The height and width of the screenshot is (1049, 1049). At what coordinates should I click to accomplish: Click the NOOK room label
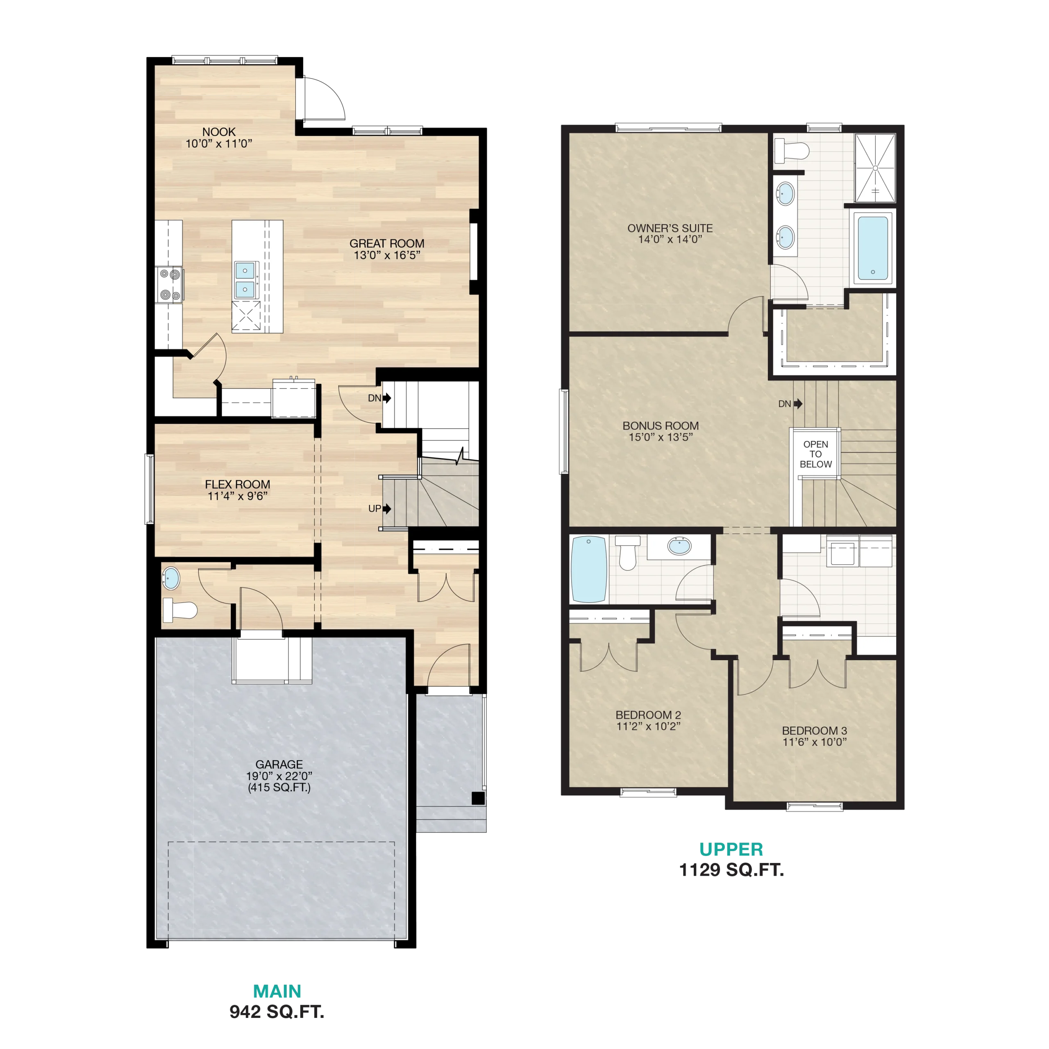pyautogui.click(x=219, y=132)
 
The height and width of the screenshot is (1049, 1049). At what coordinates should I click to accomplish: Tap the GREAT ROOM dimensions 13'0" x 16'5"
pyautogui.click(x=387, y=255)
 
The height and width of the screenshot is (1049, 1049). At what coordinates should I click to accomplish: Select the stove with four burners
pyautogui.click(x=169, y=284)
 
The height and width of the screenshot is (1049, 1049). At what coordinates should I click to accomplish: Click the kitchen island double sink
pyautogui.click(x=245, y=279)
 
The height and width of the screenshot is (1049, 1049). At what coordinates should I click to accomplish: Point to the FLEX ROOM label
pyautogui.click(x=237, y=484)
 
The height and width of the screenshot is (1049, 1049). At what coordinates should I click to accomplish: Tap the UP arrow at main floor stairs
pyautogui.click(x=386, y=509)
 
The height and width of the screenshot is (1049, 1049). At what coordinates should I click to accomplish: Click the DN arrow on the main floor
pyautogui.click(x=386, y=398)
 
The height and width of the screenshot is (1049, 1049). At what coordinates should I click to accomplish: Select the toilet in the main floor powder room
pyautogui.click(x=180, y=610)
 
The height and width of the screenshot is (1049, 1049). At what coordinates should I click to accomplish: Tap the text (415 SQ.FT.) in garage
pyautogui.click(x=279, y=787)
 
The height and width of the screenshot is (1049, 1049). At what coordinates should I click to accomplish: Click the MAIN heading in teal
pyautogui.click(x=277, y=992)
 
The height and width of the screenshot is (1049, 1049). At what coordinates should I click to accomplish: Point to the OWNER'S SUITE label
pyautogui.click(x=670, y=229)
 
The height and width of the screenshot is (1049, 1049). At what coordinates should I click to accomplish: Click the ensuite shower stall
pyautogui.click(x=875, y=168)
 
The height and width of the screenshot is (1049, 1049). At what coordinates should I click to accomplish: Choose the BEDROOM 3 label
pyautogui.click(x=815, y=731)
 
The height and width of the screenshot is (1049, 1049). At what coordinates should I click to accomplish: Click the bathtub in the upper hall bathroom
pyautogui.click(x=589, y=570)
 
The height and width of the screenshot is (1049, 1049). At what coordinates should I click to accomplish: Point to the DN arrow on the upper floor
pyautogui.click(x=798, y=404)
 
